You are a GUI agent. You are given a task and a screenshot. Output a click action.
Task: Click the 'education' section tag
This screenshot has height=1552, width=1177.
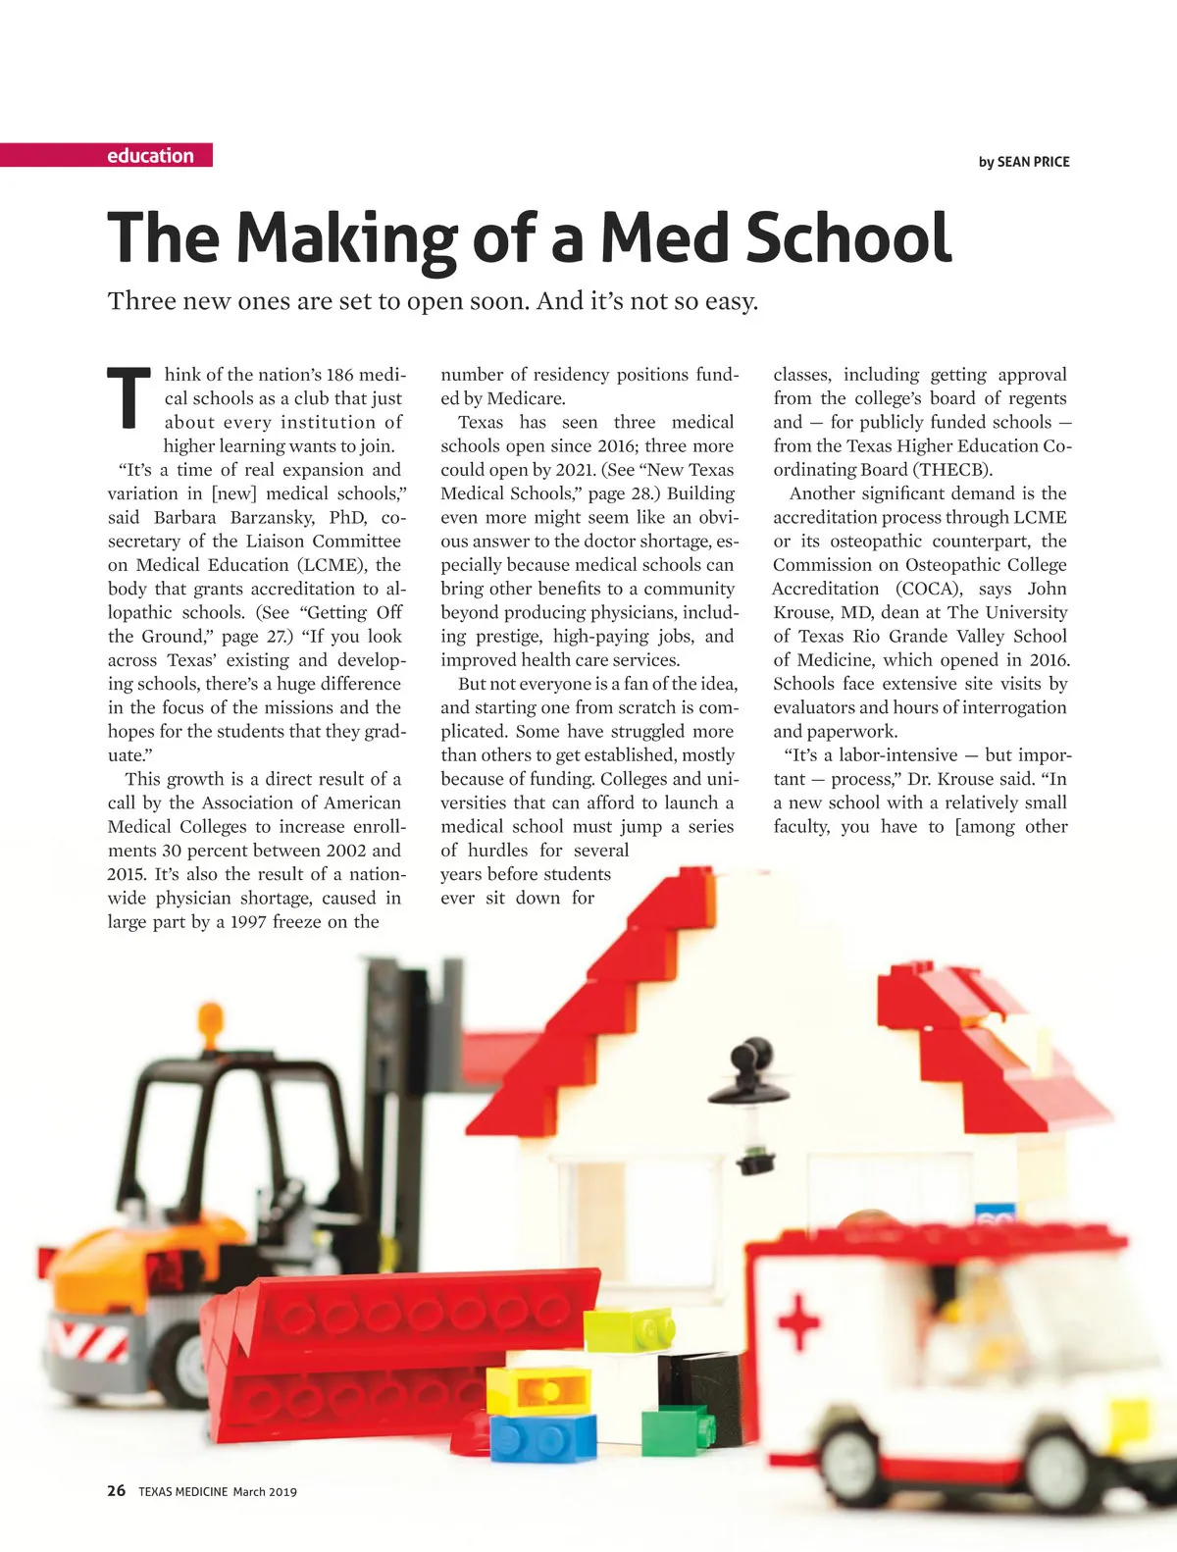150,155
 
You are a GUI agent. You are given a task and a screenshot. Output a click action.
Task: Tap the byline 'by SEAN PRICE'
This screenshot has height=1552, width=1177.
1023,162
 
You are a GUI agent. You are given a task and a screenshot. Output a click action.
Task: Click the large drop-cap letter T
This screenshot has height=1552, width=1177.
128,398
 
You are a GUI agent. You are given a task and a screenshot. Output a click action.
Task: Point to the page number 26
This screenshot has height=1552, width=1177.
117,1491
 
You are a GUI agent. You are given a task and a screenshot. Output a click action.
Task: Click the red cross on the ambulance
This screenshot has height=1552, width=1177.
799,1321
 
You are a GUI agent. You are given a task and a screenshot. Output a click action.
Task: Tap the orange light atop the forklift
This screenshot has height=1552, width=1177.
210,1016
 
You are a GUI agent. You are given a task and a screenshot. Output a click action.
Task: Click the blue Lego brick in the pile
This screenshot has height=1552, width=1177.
542,1437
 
